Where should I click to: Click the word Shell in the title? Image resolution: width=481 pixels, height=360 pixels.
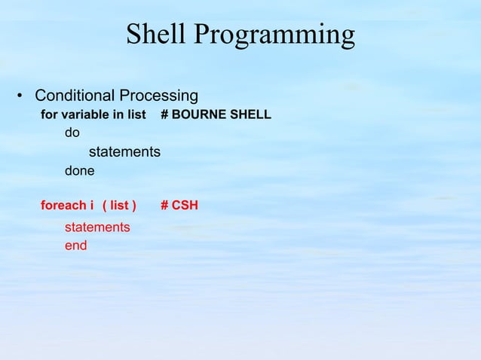click(156, 34)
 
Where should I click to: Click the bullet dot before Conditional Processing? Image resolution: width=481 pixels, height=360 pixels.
click(21, 97)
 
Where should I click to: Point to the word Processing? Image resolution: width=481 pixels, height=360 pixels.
click(158, 97)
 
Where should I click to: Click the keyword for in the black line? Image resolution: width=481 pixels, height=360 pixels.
click(48, 115)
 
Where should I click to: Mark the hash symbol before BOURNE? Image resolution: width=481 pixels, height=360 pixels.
click(165, 115)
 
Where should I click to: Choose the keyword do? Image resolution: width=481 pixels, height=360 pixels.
click(72, 134)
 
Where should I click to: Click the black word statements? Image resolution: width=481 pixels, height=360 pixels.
click(124, 152)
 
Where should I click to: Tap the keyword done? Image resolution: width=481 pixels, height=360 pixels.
click(79, 171)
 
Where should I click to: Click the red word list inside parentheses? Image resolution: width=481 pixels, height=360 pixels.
click(119, 205)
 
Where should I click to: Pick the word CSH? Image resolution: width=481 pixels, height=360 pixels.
click(185, 205)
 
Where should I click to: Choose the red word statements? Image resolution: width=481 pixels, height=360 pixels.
click(97, 227)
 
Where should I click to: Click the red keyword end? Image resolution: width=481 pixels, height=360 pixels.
click(75, 246)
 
